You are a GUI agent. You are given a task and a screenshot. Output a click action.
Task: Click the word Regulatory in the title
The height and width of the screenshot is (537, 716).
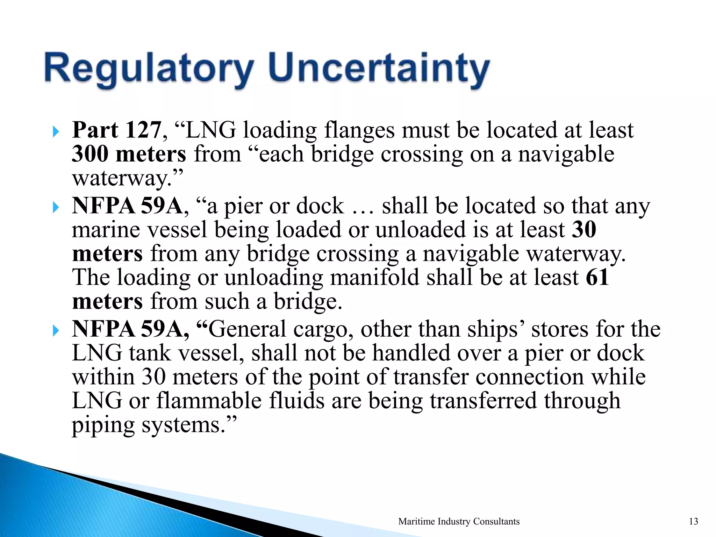[149, 68]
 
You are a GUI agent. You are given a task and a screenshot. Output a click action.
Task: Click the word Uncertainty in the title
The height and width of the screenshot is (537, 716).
[379, 68]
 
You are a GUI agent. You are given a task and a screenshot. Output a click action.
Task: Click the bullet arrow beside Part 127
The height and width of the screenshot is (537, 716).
[56, 132]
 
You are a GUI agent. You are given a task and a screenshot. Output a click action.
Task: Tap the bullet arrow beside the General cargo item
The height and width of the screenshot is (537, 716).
[56, 331]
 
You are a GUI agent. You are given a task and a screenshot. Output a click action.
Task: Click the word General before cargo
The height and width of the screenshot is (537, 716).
[248, 330]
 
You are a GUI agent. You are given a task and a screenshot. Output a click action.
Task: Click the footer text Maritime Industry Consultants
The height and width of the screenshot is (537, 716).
[459, 521]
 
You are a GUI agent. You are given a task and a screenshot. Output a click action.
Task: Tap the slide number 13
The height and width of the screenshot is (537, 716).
[693, 521]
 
